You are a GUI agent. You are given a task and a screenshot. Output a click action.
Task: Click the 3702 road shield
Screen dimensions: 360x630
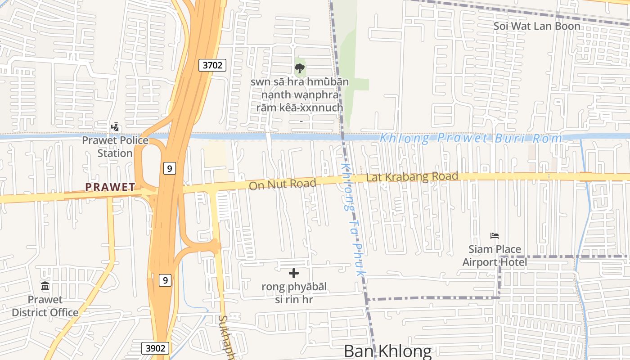tap(212, 65)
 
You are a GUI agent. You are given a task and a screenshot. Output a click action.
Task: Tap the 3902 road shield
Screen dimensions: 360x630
tap(156, 348)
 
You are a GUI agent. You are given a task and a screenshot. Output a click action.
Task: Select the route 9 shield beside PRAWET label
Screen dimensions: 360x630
tap(169, 169)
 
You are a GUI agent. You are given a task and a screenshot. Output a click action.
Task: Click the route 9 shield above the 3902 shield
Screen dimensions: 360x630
tap(166, 280)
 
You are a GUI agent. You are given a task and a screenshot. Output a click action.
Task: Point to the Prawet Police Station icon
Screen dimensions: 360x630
tap(115, 127)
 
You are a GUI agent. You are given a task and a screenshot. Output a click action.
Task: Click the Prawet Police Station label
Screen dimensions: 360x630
tap(115, 147)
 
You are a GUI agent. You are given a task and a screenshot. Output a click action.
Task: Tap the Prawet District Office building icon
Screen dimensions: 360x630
tap(45, 286)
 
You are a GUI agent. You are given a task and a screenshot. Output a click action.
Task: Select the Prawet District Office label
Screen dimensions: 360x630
tap(45, 306)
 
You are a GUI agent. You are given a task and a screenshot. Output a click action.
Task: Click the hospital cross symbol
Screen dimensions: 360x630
tap(294, 273)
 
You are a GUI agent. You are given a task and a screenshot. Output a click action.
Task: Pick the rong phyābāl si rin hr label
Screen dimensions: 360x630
tap(294, 292)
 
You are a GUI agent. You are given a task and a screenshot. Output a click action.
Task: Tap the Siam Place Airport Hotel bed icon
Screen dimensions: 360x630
tap(495, 236)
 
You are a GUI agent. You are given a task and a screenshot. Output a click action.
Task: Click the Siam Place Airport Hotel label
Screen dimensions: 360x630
tap(495, 256)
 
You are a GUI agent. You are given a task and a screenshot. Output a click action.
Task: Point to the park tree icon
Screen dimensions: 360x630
tap(300, 68)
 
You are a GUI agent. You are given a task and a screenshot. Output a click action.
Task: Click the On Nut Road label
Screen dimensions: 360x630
tap(282, 184)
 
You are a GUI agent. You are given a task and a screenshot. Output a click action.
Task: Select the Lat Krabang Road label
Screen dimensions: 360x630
tap(412, 177)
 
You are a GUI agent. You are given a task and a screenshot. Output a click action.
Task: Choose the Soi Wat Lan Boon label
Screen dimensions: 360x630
tap(537, 26)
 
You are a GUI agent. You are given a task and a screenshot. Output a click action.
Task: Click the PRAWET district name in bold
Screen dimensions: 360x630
tap(110, 187)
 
